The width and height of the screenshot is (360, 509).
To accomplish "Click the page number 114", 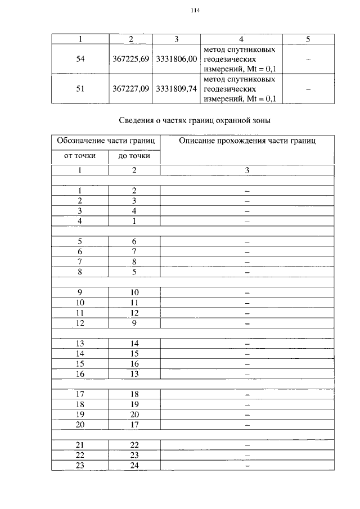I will (x=196, y=11).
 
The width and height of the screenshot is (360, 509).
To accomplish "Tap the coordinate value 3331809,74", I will (x=176, y=89).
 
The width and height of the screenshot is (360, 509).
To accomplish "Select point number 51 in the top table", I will (x=80, y=89).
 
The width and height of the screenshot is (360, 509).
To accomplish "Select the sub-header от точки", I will (x=80, y=156).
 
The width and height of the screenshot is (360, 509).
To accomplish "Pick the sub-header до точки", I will (x=134, y=156).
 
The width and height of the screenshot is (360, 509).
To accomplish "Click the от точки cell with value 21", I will (x=80, y=445).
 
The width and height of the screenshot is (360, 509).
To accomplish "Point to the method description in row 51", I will (x=241, y=89).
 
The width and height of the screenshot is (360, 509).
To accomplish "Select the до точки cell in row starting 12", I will (x=134, y=323).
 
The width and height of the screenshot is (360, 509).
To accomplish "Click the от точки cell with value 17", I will (x=80, y=394).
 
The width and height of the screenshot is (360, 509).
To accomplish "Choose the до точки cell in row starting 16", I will (x=134, y=374).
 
